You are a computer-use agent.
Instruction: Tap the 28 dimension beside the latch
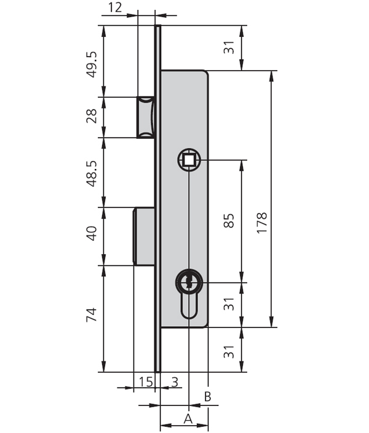click(92, 117)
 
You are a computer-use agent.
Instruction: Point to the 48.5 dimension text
click(92, 173)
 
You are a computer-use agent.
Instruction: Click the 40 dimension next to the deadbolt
click(92, 233)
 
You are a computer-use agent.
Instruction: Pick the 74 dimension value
click(92, 316)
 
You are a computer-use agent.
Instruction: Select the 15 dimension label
click(145, 382)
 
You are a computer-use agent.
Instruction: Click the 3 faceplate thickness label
click(174, 382)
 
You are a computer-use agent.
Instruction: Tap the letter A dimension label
click(188, 419)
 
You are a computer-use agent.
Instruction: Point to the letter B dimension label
click(208, 397)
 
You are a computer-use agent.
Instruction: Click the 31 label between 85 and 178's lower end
click(229, 304)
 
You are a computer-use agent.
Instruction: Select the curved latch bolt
click(146, 117)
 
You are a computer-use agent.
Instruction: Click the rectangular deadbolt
click(145, 236)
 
